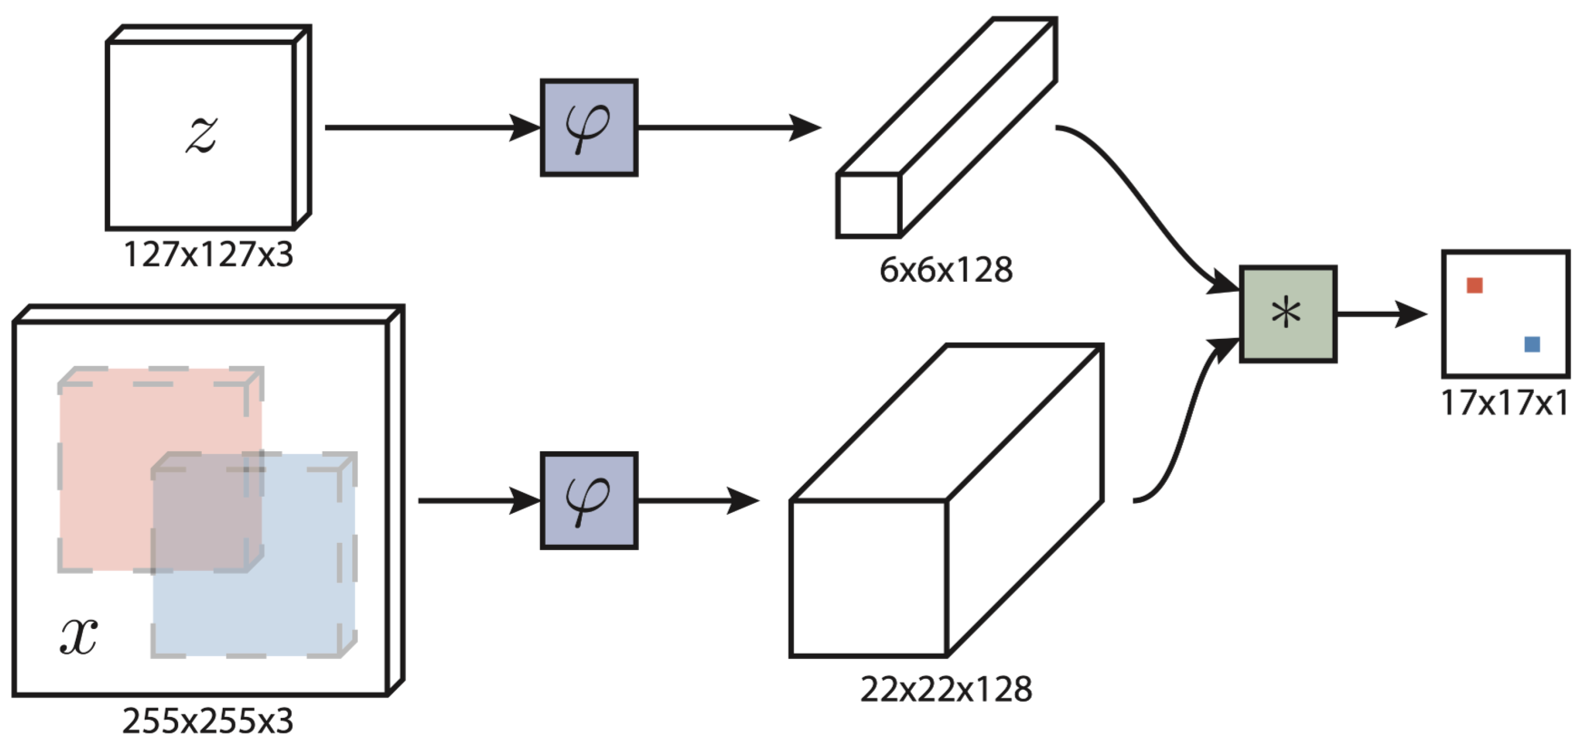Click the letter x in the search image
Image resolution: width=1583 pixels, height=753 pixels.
point(78,636)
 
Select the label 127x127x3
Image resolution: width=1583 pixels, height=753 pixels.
point(208,254)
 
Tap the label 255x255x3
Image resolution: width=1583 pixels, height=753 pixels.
point(208,721)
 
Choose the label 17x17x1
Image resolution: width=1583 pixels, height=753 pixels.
point(1505,403)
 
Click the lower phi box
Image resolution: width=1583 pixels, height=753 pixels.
point(589,500)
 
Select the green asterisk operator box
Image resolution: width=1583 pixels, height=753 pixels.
point(1288,314)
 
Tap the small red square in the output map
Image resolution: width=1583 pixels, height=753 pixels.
point(1474,285)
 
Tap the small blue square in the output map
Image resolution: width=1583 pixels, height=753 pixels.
point(1532,344)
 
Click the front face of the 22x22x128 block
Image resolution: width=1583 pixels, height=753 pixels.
point(868,578)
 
